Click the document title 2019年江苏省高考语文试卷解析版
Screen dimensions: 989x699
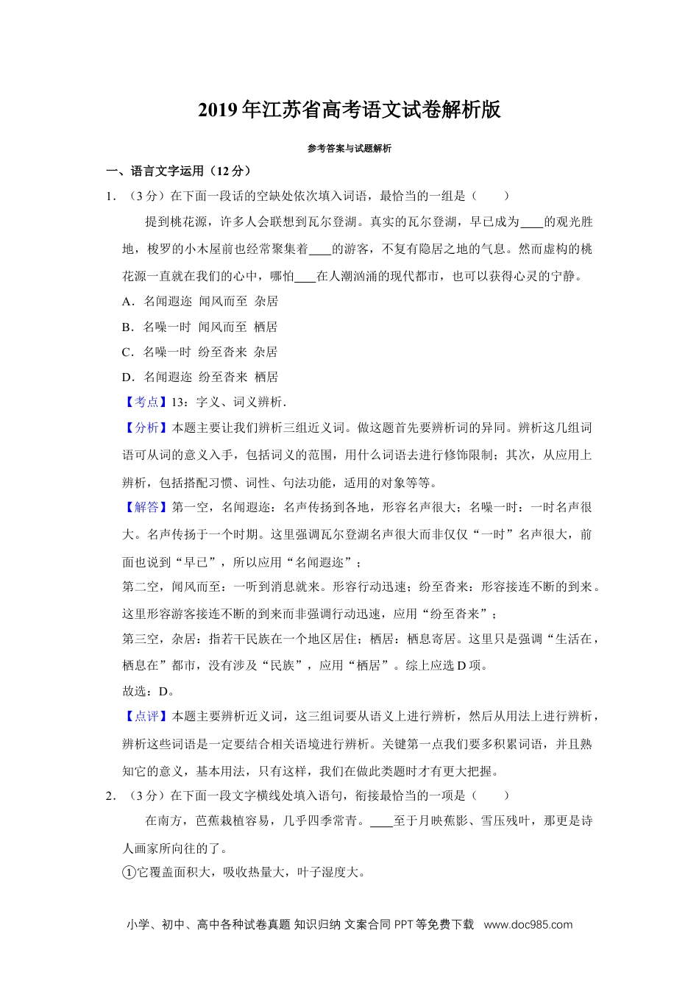pos(349,110)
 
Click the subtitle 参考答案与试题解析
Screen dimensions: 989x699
pos(349,149)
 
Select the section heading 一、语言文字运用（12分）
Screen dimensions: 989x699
pos(179,171)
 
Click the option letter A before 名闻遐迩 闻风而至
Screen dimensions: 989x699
pos(127,301)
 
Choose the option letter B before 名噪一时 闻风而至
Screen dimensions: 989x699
pos(127,327)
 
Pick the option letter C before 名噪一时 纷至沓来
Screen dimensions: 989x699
pos(127,352)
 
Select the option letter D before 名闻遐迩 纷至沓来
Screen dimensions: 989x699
pos(127,377)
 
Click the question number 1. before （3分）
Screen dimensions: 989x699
pos(111,196)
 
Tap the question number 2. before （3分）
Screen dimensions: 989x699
pos(111,795)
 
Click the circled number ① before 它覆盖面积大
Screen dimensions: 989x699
pos(129,873)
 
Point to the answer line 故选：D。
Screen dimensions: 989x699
pos(148,691)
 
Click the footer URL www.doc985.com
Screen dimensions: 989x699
pos(528,925)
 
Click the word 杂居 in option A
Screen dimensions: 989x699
pos(266,301)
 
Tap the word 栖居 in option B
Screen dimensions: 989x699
pos(266,327)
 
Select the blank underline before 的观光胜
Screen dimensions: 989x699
pos(531,223)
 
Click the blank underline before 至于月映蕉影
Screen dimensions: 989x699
pos(381,822)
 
